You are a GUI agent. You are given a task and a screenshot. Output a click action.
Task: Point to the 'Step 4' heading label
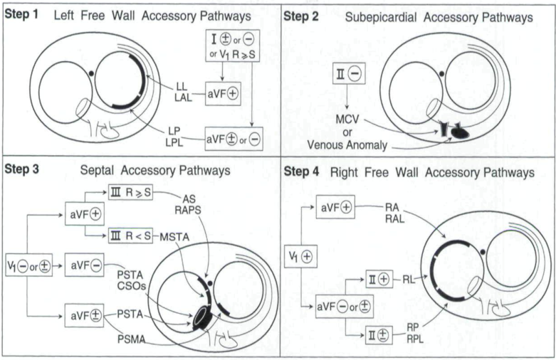pyautogui.click(x=303, y=172)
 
